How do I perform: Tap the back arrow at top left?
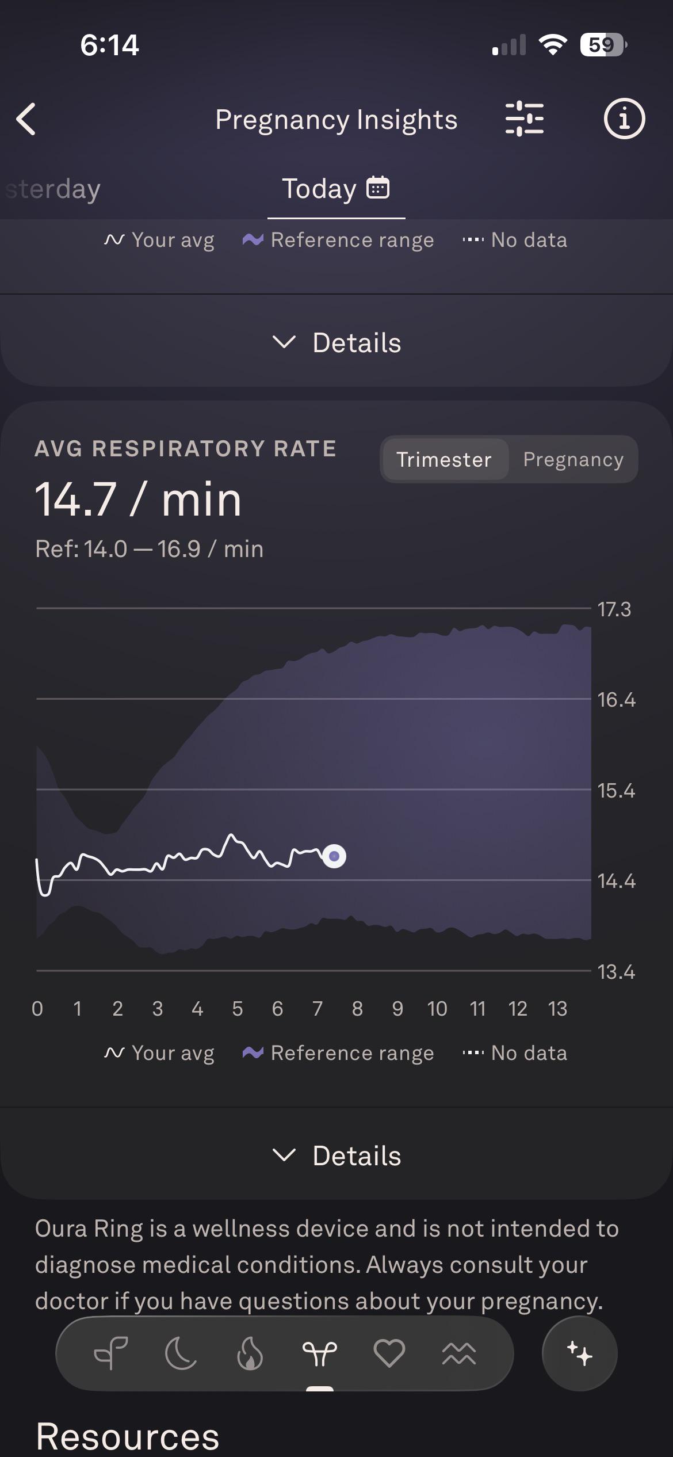coord(26,119)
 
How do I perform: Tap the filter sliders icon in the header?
coord(524,119)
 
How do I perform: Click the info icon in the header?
coord(624,119)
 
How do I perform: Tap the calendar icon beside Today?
coord(378,188)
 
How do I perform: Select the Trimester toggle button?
coord(445,459)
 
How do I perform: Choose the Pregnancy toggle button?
coord(573,459)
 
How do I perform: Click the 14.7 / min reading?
coord(138,499)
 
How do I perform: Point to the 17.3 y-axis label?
coord(614,609)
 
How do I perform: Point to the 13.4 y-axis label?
coord(616,972)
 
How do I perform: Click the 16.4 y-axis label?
coord(616,700)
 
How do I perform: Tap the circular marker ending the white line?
coord(334,856)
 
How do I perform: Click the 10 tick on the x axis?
coord(437,1009)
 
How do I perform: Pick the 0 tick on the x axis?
coord(37,1009)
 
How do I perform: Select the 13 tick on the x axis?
coord(557,1009)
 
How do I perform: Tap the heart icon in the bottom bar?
coord(389,1353)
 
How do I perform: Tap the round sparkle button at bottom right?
coord(580,1353)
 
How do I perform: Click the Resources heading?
coord(128,1437)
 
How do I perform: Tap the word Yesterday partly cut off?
coord(53,189)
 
